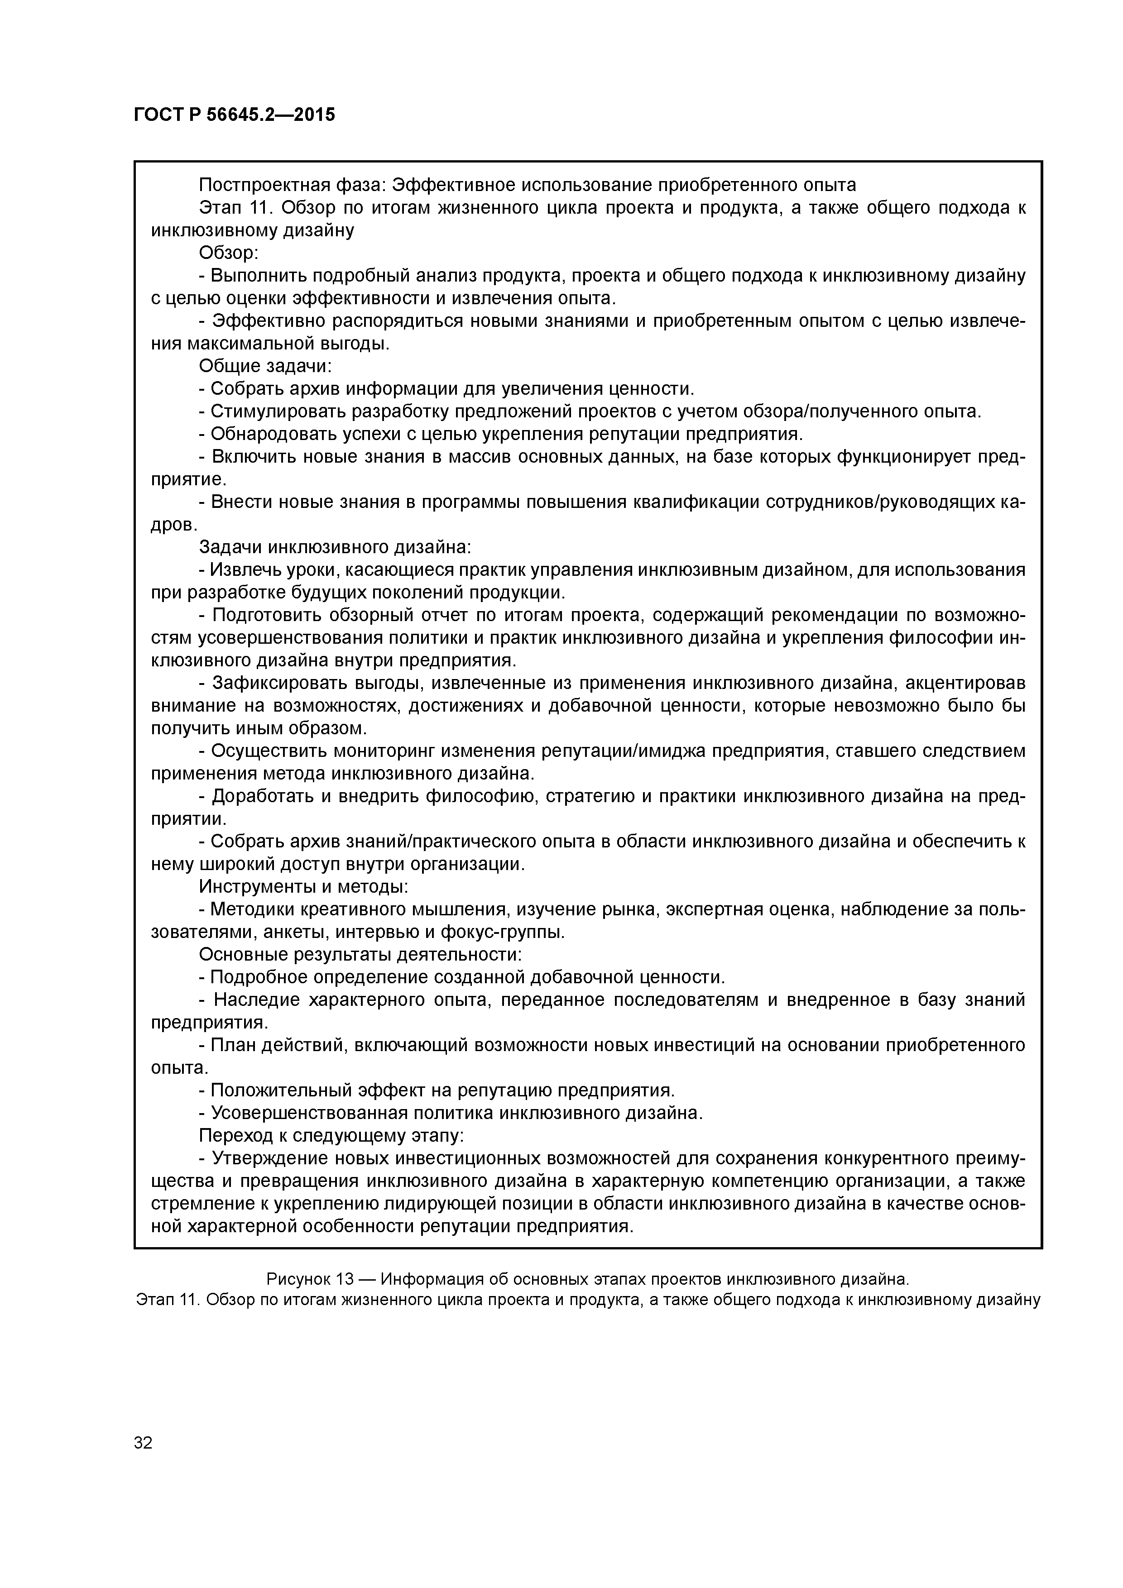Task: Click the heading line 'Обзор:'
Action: [228, 253]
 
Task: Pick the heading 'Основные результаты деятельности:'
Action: [360, 954]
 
